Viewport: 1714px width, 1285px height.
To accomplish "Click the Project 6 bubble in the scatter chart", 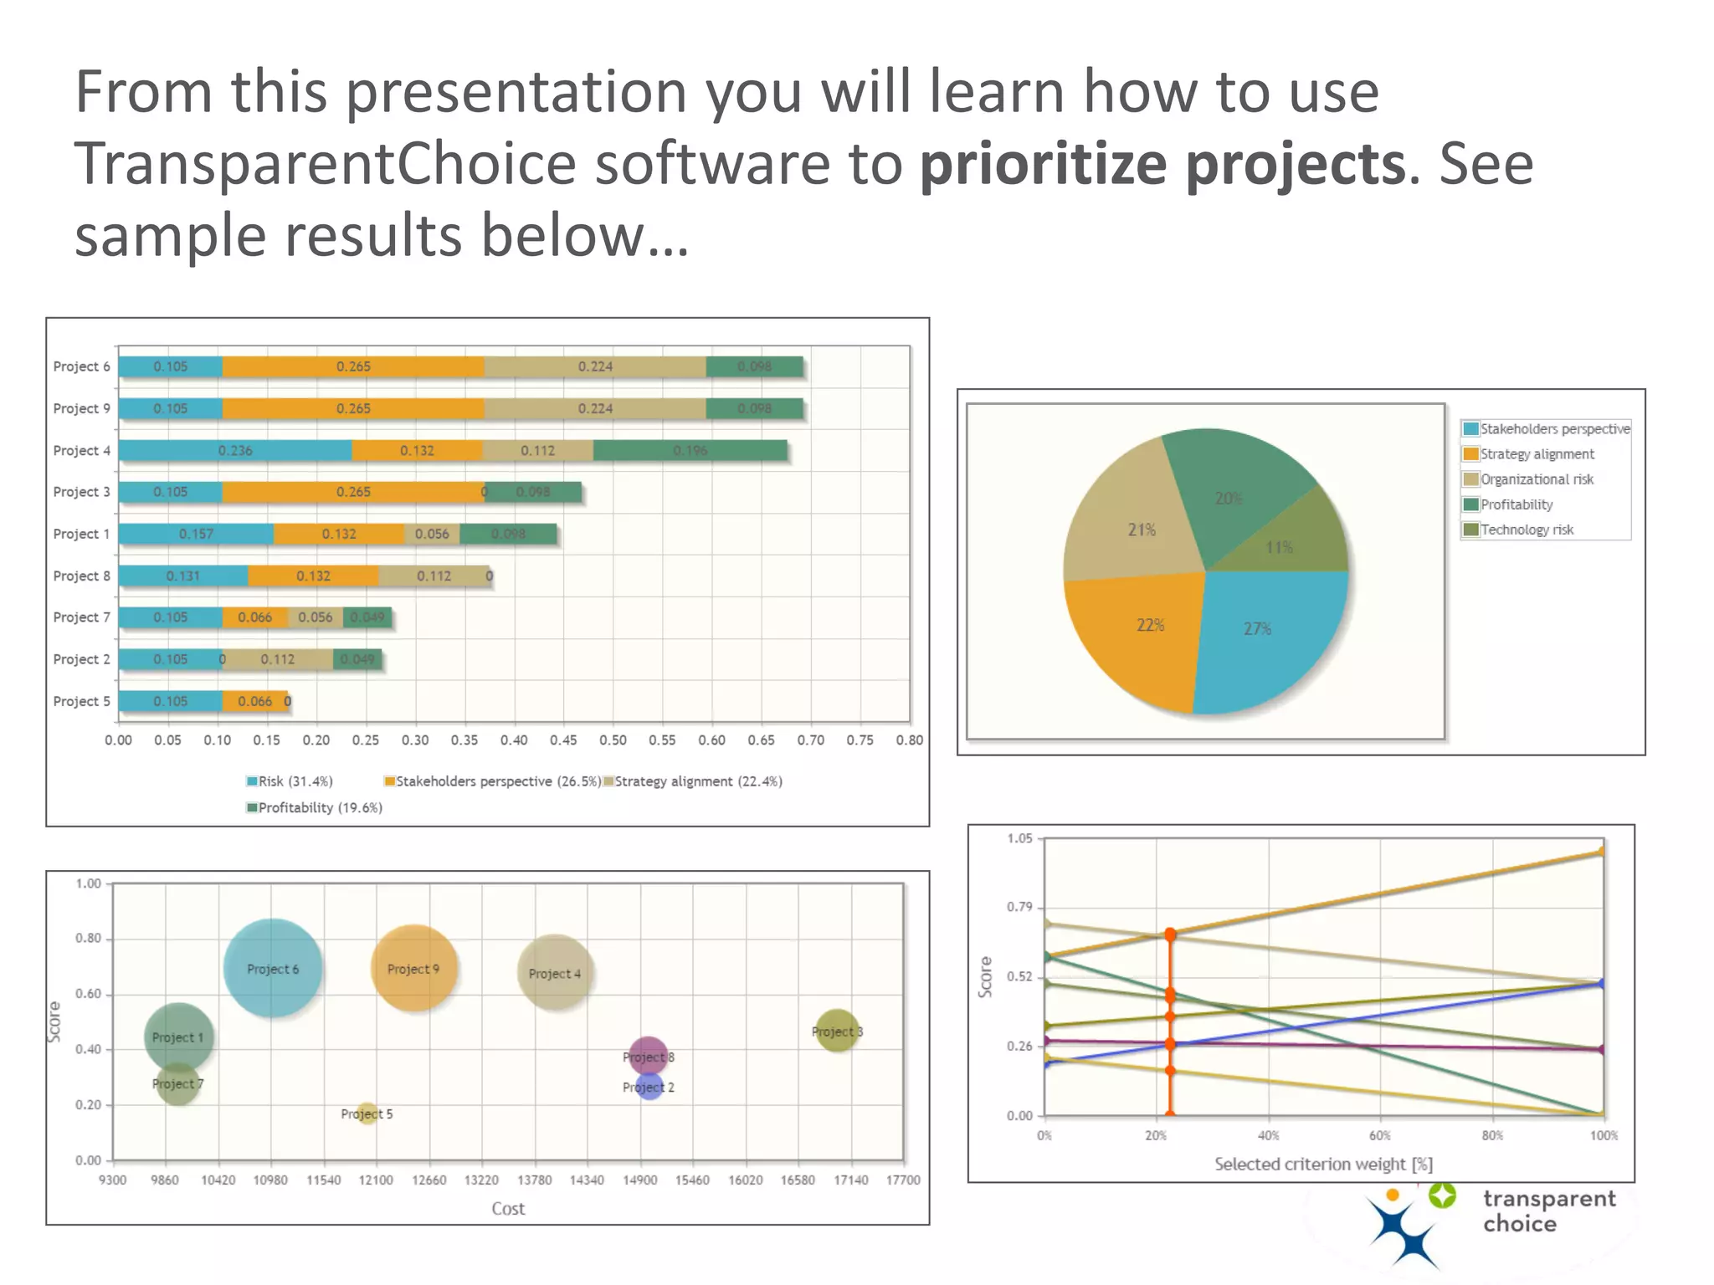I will (x=272, y=968).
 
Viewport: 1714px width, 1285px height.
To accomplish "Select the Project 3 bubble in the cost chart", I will (x=836, y=1031).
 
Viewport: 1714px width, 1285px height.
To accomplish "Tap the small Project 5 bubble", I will (x=367, y=1113).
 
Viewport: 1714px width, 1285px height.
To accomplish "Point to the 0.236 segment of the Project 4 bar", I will (x=235, y=450).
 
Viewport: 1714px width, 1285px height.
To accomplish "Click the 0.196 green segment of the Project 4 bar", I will (x=690, y=450).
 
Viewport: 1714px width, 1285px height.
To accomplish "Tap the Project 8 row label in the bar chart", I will (x=81, y=576).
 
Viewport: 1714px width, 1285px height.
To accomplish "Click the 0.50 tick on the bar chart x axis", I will (x=613, y=740).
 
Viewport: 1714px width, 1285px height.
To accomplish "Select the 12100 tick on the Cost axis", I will (x=376, y=1180).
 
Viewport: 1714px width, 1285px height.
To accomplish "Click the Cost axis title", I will (x=508, y=1208).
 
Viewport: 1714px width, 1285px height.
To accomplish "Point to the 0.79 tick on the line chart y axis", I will (x=1019, y=907).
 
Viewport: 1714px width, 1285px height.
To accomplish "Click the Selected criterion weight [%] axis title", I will (x=1323, y=1164).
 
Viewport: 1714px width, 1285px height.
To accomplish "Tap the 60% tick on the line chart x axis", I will (x=1380, y=1135).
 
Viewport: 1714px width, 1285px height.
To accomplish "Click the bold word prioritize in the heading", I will (x=1043, y=163).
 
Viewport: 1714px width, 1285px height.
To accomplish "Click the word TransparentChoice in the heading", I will (x=325, y=163).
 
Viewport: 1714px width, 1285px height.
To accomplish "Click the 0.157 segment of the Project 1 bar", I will (x=196, y=534).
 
